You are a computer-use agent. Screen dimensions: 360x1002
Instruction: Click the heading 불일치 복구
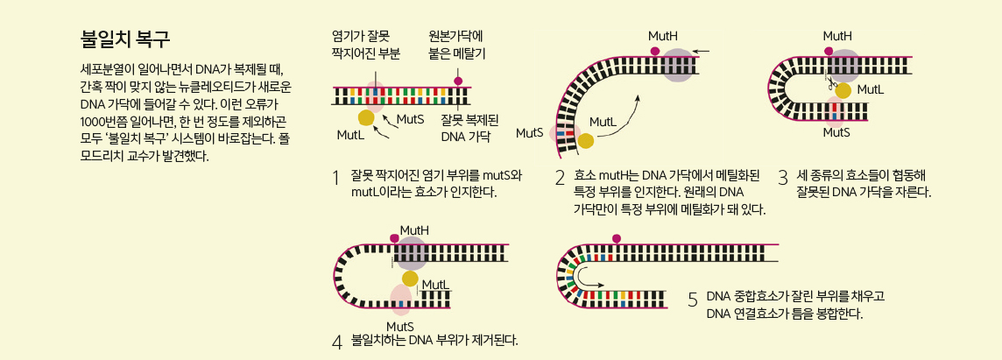(x=124, y=40)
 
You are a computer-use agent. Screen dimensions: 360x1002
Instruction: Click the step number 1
(x=336, y=177)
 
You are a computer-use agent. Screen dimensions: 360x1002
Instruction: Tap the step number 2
(x=560, y=178)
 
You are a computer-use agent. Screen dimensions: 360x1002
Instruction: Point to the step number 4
(x=336, y=341)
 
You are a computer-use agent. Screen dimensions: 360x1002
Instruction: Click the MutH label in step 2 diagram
(x=662, y=36)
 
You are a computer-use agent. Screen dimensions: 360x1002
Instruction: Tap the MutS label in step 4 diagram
(x=399, y=326)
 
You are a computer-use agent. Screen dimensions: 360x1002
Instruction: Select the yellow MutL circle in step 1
(x=366, y=117)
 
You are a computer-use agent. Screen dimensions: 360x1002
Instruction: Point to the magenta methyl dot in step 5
(x=617, y=238)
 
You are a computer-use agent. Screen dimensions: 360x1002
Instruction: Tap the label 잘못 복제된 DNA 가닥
(x=469, y=127)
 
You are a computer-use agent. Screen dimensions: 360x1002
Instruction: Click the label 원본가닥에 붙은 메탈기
(x=455, y=45)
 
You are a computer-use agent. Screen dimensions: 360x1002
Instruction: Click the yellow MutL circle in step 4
(x=410, y=279)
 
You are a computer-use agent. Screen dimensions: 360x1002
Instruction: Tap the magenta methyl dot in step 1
(x=457, y=81)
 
